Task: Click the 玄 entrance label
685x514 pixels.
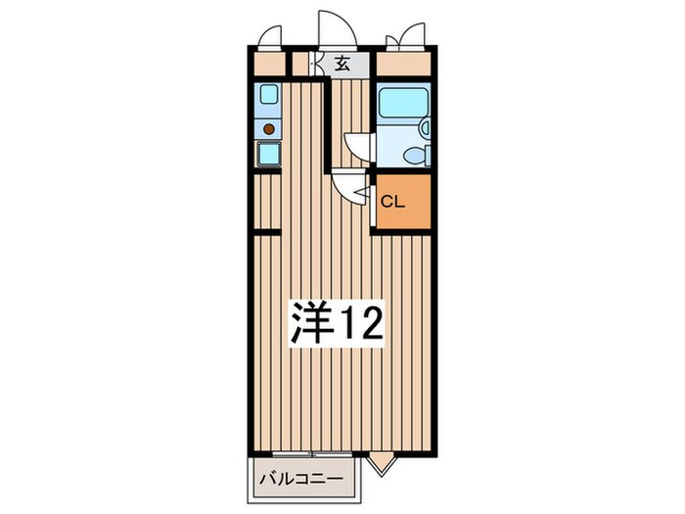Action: tap(343, 66)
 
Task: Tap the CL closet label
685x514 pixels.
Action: tap(392, 203)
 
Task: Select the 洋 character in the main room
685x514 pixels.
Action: tap(309, 322)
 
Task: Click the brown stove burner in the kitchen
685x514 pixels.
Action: tap(269, 127)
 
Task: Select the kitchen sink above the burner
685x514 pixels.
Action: tap(269, 96)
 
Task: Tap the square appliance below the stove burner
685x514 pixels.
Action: tap(269, 154)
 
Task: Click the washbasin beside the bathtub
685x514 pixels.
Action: tap(426, 126)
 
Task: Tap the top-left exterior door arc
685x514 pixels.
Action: tap(265, 37)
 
